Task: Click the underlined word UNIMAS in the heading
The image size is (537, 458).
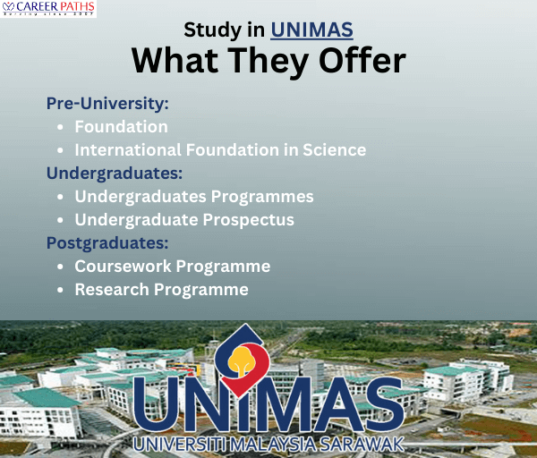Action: tap(311, 30)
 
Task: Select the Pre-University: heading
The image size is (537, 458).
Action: tap(107, 103)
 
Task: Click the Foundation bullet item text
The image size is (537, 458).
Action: tap(121, 127)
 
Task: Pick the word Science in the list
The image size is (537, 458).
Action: tap(333, 150)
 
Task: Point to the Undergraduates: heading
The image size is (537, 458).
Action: tap(115, 173)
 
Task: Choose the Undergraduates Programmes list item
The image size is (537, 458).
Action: tap(194, 196)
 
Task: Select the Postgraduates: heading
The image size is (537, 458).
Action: tap(108, 242)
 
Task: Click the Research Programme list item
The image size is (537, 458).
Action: tap(161, 290)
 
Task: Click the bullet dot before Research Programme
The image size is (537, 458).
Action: tap(60, 290)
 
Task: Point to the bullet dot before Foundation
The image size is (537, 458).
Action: tap(60, 127)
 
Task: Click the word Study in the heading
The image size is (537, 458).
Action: tap(211, 30)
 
